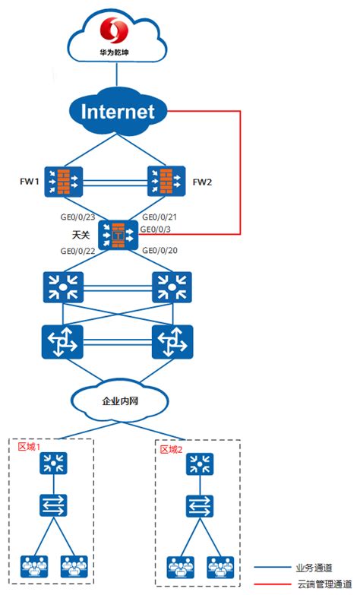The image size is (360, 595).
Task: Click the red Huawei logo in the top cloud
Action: [x=117, y=31]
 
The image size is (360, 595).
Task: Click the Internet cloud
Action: [x=117, y=112]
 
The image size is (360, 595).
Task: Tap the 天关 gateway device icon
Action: [x=118, y=236]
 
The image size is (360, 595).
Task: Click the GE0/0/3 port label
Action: [x=158, y=229]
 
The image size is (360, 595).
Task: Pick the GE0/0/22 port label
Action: [x=79, y=251]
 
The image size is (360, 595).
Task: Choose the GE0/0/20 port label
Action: [x=160, y=251]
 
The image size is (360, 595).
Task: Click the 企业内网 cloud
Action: [x=118, y=400]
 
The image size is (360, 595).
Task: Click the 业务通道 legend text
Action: [x=311, y=567]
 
